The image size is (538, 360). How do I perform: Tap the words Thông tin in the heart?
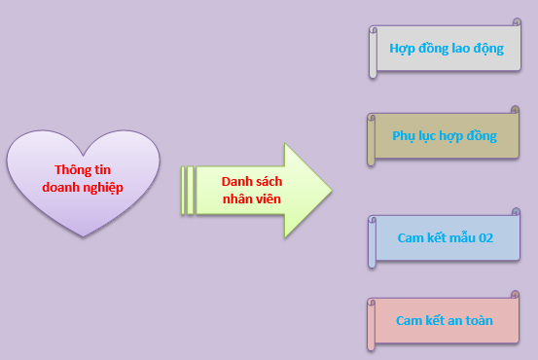[83, 170]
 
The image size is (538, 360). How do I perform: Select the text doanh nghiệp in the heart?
[83, 188]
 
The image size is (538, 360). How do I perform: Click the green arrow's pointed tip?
[331, 190]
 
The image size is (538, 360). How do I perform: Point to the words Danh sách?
[252, 182]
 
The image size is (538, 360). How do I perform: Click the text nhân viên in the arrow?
[252, 199]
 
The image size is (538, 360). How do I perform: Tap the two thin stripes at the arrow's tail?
[188, 191]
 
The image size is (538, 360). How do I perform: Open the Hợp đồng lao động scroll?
[446, 49]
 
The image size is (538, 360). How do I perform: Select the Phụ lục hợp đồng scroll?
[444, 136]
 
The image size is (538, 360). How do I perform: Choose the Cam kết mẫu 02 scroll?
[445, 237]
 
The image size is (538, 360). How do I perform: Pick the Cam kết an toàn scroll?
[444, 320]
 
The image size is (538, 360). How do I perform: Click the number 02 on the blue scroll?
[485, 237]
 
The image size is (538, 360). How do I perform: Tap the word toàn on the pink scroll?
[480, 320]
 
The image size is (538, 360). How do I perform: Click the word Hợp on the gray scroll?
[403, 49]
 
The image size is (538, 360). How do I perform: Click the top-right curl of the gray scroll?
[517, 22]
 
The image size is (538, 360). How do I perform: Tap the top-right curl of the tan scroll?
[515, 110]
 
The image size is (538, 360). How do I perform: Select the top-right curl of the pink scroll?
[515, 295]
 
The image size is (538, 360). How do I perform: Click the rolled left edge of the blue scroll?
[372, 242]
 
